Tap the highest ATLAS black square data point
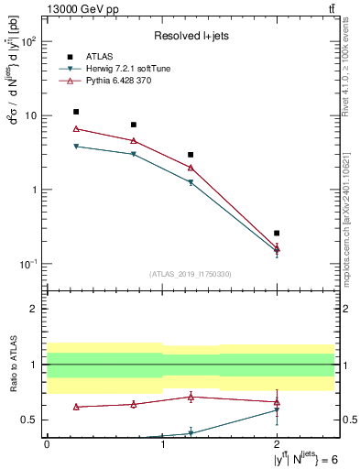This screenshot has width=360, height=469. coord(76,112)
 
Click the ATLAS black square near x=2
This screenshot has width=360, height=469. coord(251,233)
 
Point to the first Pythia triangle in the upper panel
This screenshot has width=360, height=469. coord(76,128)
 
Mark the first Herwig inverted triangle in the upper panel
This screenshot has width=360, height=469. coord(76,147)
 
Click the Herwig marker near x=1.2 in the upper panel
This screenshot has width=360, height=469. coord(191,182)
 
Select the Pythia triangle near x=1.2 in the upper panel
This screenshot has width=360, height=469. coord(191,168)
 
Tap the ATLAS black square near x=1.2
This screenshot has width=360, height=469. coord(191,155)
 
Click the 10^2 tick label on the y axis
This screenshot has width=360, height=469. coord(29,42)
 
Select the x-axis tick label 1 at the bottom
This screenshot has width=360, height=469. coord(163,443)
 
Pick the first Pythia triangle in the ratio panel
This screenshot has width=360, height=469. coord(76,407)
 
